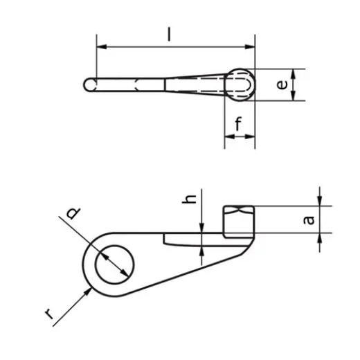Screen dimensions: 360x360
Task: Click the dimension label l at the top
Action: click(170, 33)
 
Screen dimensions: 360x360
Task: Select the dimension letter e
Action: click(281, 84)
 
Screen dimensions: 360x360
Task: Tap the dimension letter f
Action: click(239, 125)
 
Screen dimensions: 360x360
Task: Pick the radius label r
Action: click(49, 315)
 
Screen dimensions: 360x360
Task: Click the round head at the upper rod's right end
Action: click(241, 84)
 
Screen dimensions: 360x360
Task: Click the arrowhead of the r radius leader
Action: click(88, 291)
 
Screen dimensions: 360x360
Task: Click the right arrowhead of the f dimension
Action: click(251, 137)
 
